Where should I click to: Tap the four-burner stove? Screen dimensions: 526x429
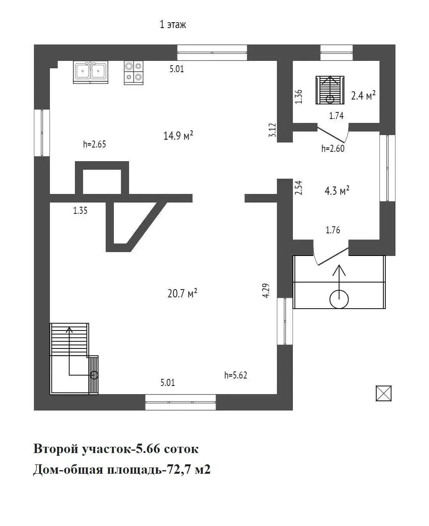click(x=133, y=72)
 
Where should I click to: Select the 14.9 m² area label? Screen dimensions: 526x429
click(x=178, y=136)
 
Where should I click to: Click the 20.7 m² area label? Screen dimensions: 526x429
click(x=182, y=293)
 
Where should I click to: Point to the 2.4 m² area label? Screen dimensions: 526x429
click(x=363, y=95)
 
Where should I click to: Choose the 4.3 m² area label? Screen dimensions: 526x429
click(x=337, y=191)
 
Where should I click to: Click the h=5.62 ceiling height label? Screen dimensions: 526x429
click(x=236, y=375)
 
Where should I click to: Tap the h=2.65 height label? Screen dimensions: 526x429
click(x=94, y=144)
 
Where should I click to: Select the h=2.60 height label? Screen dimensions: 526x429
click(x=333, y=148)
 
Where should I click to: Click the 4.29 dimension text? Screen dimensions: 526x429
click(x=266, y=291)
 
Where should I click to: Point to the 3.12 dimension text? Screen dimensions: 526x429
click(x=273, y=130)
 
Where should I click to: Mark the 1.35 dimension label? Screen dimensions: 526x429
click(x=80, y=211)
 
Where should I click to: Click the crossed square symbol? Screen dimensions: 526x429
click(x=383, y=393)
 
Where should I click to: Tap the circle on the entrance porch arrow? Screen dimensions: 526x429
click(x=339, y=299)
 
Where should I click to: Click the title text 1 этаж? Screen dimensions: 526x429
click(x=173, y=25)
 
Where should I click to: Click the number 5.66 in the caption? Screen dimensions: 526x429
click(x=147, y=449)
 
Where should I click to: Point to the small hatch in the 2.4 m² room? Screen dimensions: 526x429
click(x=330, y=90)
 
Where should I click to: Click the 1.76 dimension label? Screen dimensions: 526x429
click(x=333, y=230)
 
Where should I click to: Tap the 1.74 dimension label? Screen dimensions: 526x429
click(x=336, y=116)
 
